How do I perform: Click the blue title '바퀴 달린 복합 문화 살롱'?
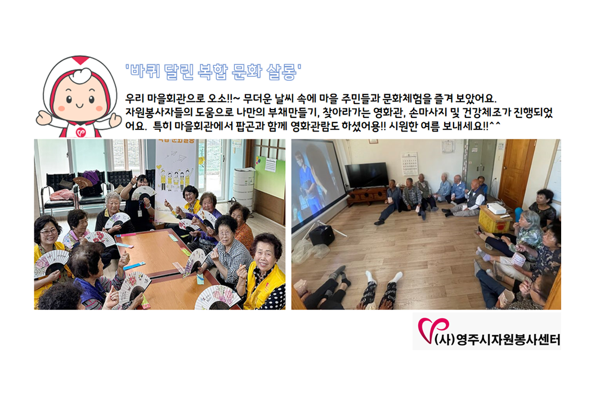[x=213, y=71]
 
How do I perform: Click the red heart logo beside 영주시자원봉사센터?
[x=433, y=329]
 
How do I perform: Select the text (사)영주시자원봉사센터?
[x=497, y=339]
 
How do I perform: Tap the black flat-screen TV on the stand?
[x=366, y=175]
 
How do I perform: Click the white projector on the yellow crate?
[x=496, y=208]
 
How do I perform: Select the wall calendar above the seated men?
[x=409, y=164]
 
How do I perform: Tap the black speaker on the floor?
[x=322, y=235]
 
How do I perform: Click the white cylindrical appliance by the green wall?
[x=243, y=188]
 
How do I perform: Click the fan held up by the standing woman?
[x=143, y=192]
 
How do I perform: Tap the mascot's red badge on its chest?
[x=80, y=132]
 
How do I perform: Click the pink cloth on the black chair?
[x=62, y=194]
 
